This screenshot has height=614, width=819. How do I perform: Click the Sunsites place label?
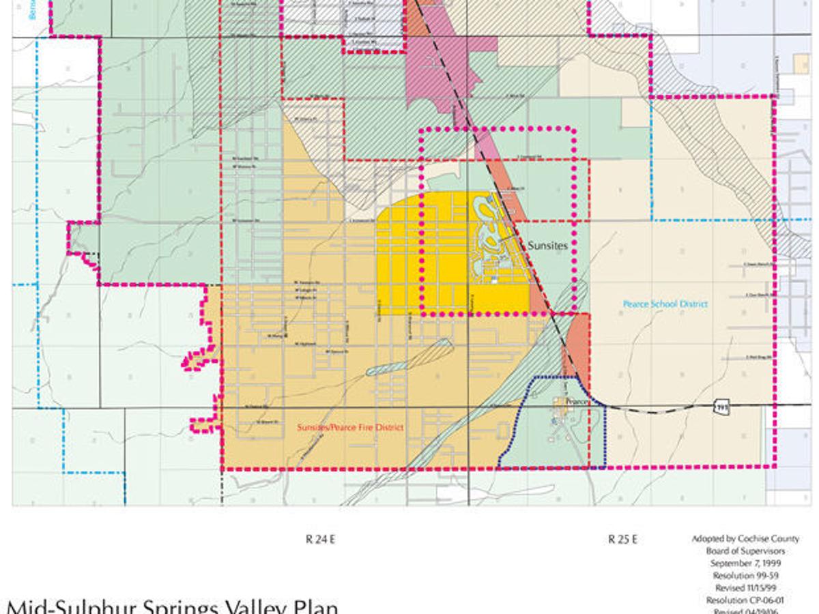click(547, 245)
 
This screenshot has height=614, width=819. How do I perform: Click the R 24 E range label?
click(321, 540)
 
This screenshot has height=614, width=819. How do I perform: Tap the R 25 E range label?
click(623, 540)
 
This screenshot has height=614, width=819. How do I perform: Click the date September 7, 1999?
click(745, 564)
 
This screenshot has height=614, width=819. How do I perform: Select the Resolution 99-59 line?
click(745, 576)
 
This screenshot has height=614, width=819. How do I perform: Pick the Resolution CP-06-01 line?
click(745, 600)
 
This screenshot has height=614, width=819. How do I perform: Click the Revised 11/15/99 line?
click(745, 587)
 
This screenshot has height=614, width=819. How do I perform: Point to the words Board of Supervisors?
click(745, 551)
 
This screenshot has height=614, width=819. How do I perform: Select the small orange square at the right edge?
click(802, 63)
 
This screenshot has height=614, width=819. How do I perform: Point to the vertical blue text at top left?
click(32, 10)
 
